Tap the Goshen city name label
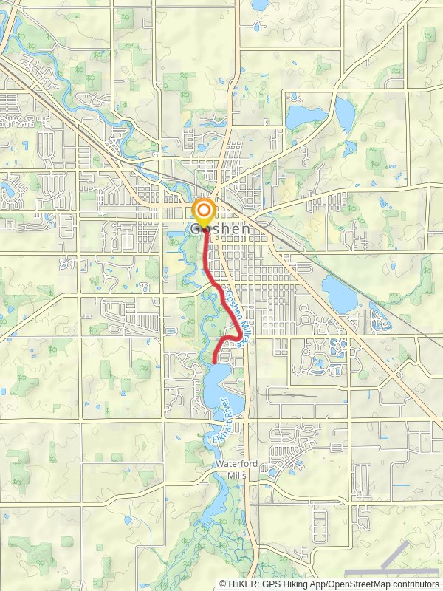point(221,229)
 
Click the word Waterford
point(234,464)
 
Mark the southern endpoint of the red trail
point(213,361)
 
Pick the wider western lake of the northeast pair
point(305,116)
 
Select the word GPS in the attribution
point(272,584)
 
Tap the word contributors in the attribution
point(414,584)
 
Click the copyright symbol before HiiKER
point(223,584)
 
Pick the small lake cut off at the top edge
point(260,4)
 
